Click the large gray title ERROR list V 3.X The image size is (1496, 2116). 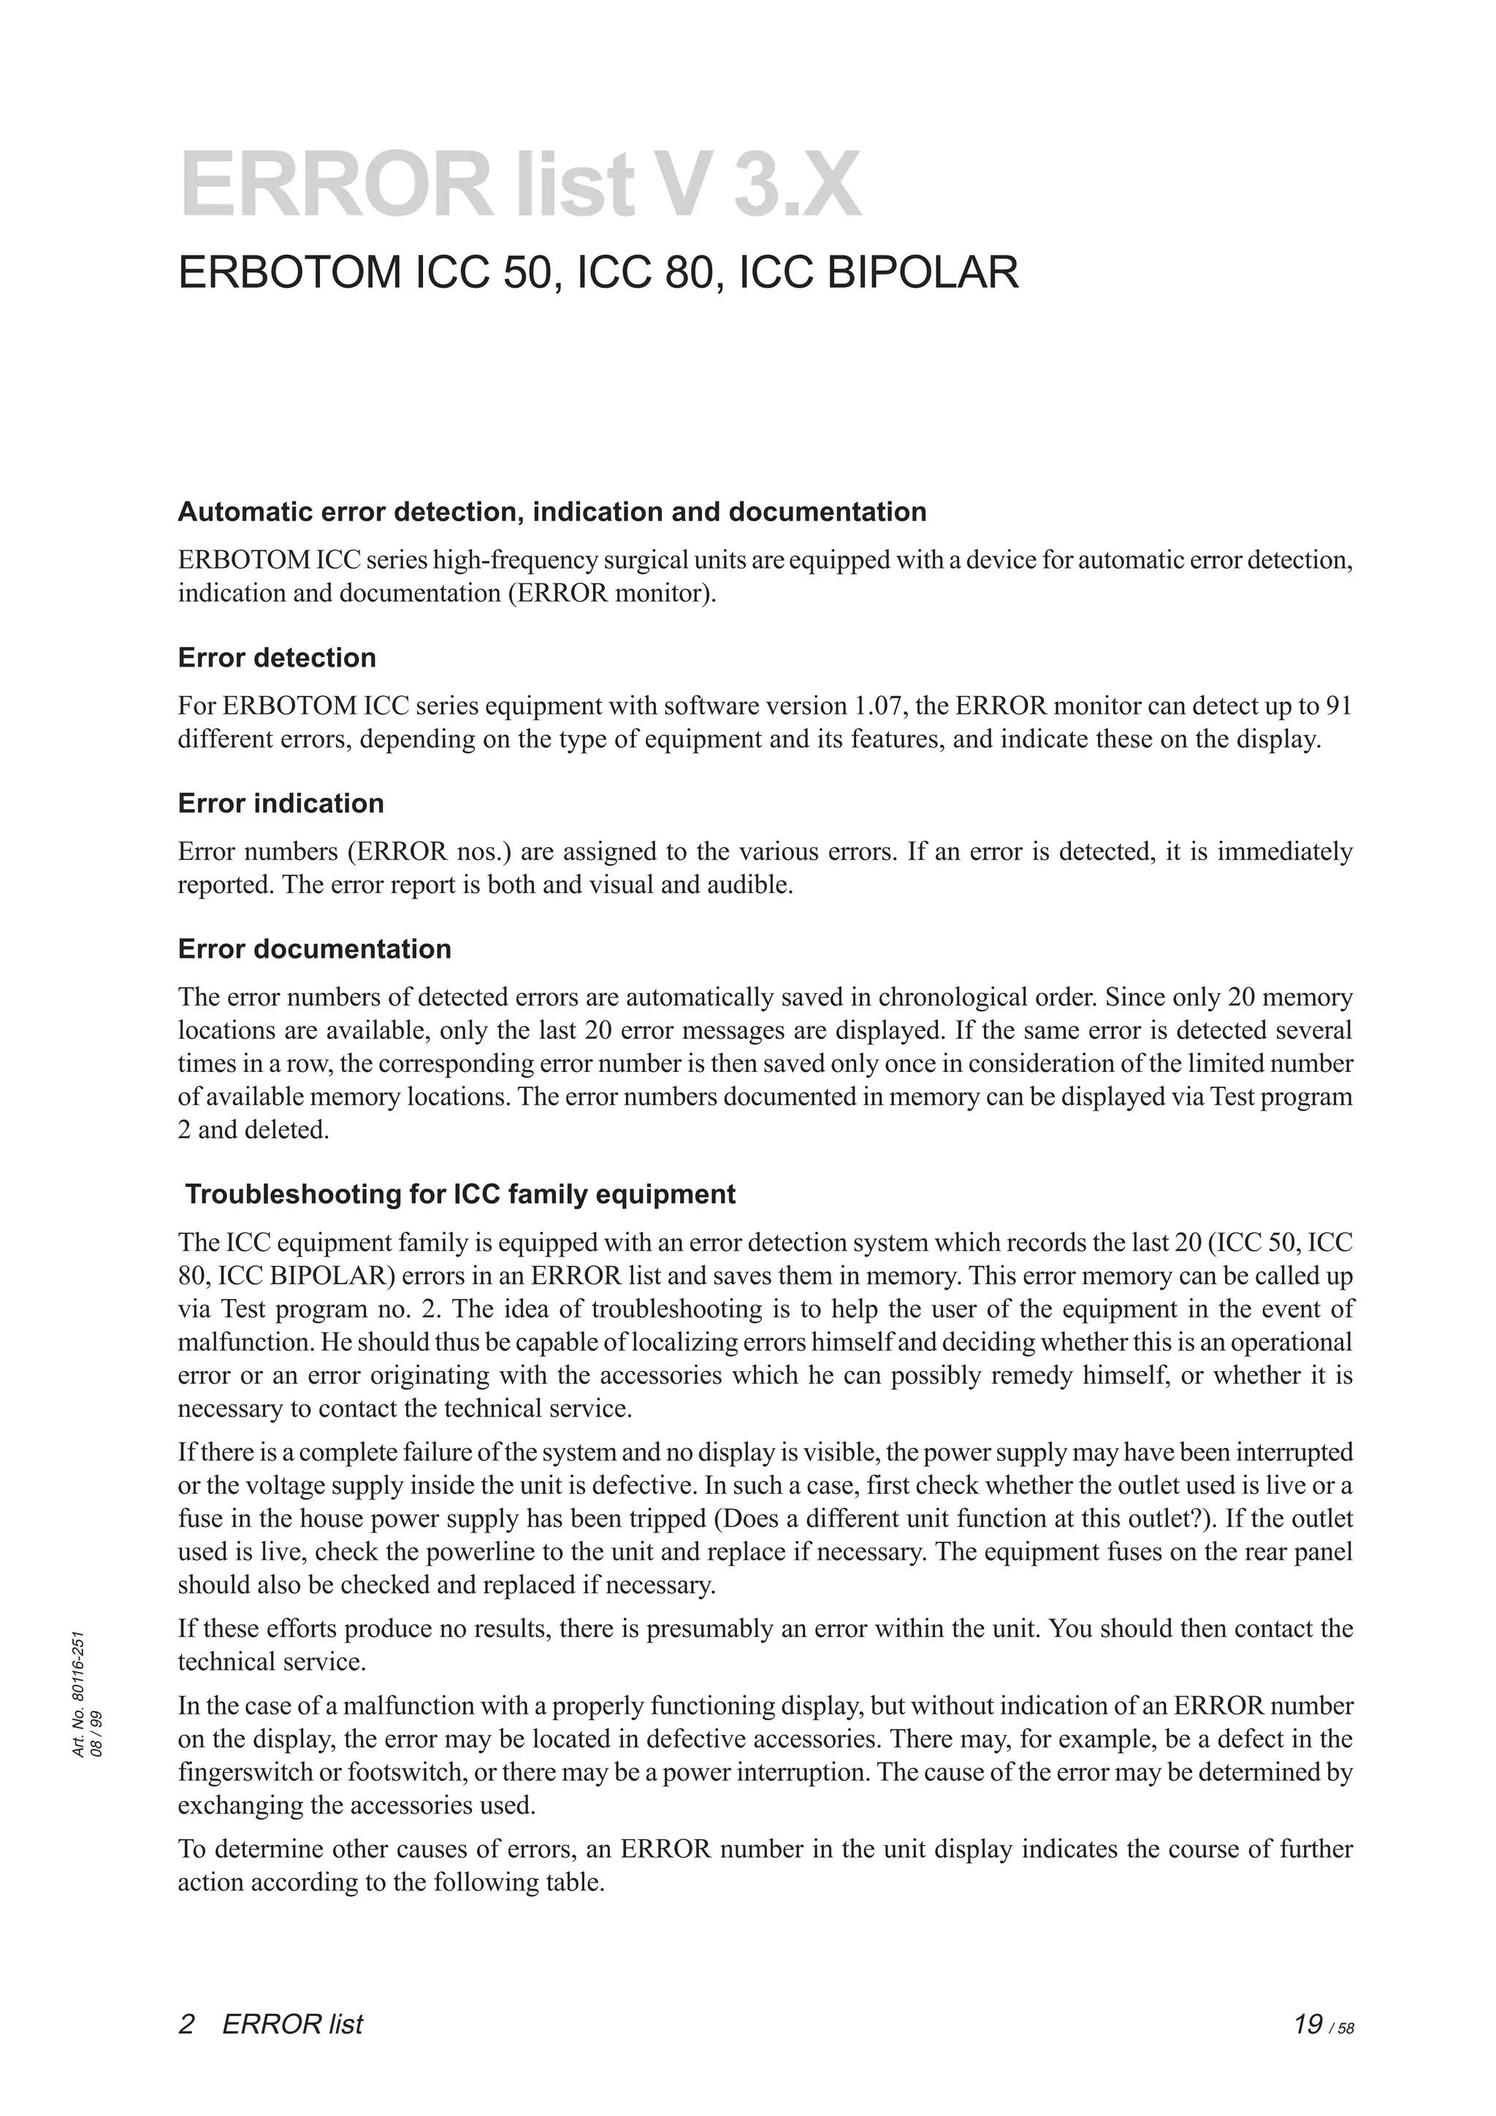pyautogui.click(x=521, y=187)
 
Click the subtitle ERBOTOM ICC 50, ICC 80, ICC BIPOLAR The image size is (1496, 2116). pyautogui.click(x=598, y=273)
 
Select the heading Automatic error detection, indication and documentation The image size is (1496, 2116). pyautogui.click(x=552, y=512)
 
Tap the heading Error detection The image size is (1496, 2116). pyautogui.click(x=277, y=657)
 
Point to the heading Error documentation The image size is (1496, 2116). pyautogui.click(x=314, y=948)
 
